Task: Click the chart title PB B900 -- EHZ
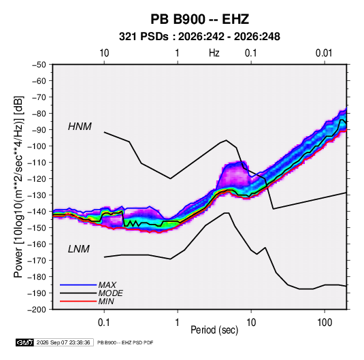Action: pos(199,19)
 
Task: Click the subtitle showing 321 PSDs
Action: pos(199,37)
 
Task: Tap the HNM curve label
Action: pos(80,127)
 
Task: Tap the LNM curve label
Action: pos(79,249)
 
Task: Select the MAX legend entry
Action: pos(107,284)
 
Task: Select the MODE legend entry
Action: pos(110,293)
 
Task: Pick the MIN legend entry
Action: pos(106,301)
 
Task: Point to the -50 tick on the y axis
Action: pos(39,65)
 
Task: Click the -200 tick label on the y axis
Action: pos(37,310)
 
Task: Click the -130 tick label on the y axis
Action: pos(37,195)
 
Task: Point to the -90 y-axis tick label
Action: pos(39,129)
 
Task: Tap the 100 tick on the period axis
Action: pos(325,323)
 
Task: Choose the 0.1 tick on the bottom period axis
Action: pos(104,323)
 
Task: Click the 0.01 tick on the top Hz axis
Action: pos(324,53)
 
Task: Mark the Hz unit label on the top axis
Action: pos(214,53)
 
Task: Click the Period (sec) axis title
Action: pos(214,330)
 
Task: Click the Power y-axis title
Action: pos(18,186)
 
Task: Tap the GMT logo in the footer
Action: pos(25,342)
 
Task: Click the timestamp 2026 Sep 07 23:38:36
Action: pos(63,342)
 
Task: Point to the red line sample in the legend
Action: pos(78,301)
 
